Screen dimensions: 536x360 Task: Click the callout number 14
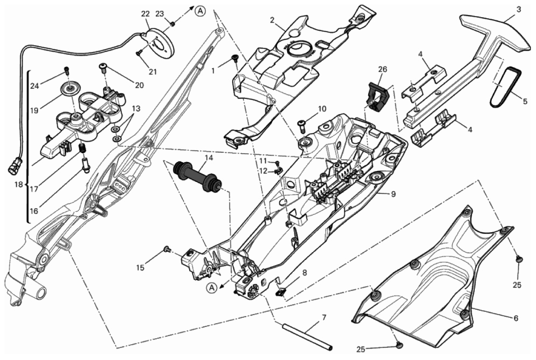coord(209,158)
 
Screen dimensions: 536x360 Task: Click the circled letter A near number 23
coord(200,11)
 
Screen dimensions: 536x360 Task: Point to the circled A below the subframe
coord(212,288)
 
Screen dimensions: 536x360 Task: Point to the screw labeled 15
coord(167,248)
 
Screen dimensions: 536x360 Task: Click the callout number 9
coord(393,194)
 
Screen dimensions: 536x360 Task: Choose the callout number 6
coord(516,318)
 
